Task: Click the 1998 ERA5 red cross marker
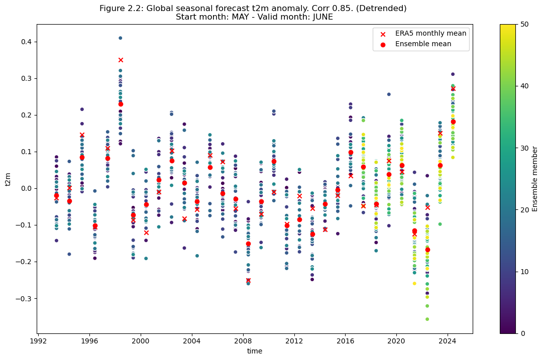121,60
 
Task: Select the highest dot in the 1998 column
121,38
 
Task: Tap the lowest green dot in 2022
427,319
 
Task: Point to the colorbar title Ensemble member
535,178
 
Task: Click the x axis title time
255,351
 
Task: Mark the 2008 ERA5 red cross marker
248,280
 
